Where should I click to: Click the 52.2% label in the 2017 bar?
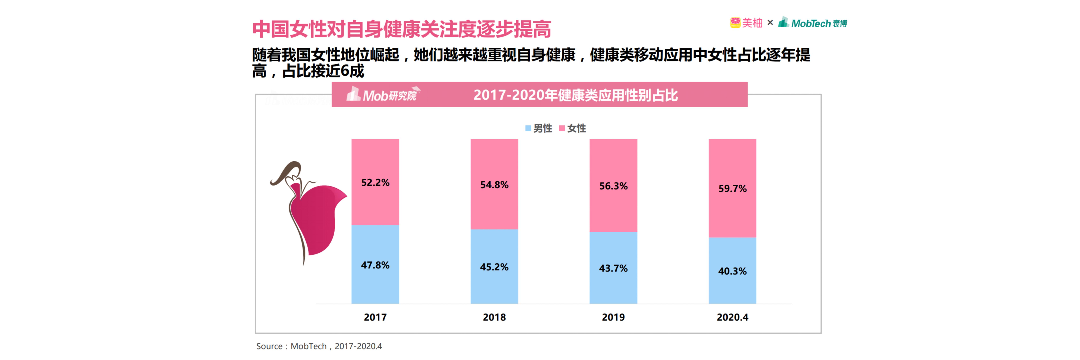375,183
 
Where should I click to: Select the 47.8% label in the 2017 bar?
375,265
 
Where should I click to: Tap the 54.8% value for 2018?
494,185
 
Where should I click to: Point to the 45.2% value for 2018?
494,267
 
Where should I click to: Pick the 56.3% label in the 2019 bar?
613,186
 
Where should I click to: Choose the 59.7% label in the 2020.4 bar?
732,189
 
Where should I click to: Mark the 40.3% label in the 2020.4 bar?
732,271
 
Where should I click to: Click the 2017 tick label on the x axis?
375,317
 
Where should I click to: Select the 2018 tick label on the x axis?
494,317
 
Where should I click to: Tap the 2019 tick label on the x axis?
613,317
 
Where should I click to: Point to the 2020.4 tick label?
732,317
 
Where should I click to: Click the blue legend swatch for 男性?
528,128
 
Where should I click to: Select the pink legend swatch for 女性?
562,128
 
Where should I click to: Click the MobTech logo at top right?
812,23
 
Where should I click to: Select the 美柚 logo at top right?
746,23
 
